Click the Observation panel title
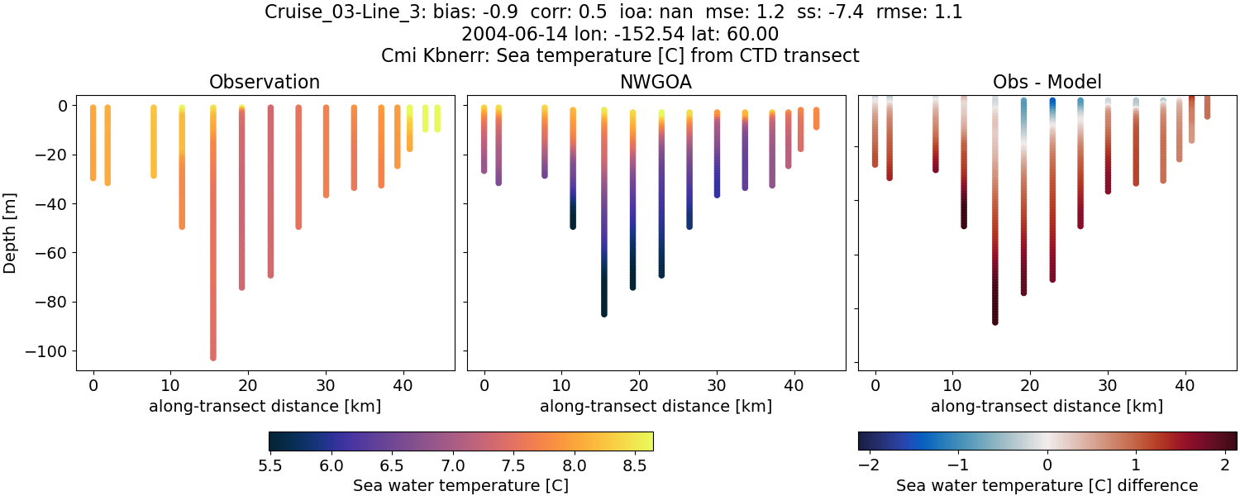264,82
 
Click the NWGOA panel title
656,82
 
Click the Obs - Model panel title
1047,82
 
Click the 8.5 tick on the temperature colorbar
634,465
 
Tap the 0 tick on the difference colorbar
1047,465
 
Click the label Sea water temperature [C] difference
1047,485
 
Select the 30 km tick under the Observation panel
326,384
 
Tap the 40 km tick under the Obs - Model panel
1185,384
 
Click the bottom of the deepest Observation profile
213,357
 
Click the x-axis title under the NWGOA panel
656,406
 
